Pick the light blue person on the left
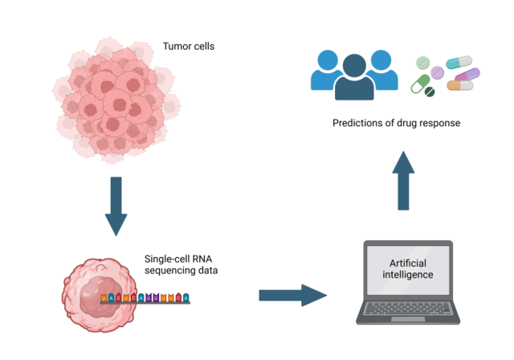point(327,71)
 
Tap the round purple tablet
point(437,72)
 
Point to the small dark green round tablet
point(430,92)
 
